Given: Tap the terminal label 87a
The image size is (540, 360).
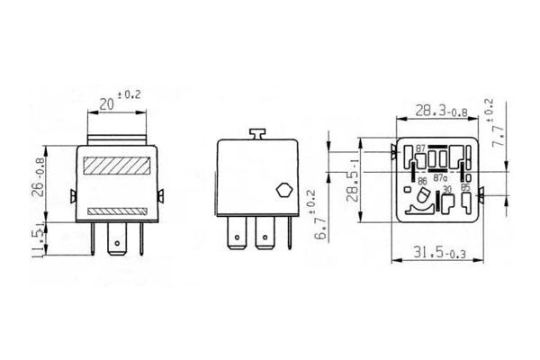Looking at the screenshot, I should (x=440, y=179).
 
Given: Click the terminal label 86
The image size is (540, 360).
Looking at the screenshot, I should (x=421, y=180).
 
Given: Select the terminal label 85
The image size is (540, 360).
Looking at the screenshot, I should (x=464, y=188).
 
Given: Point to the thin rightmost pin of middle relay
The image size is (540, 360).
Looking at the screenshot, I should (x=290, y=237).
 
